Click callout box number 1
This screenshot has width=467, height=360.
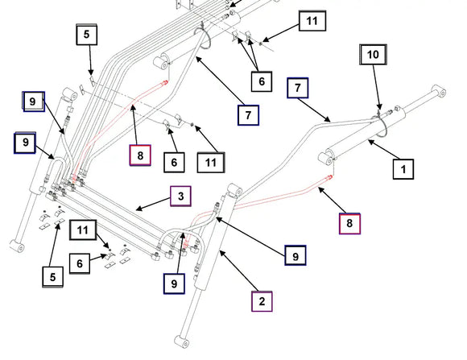[x=403, y=169]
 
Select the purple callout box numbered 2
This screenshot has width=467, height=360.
[x=262, y=301]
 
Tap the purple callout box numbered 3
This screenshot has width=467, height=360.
[x=180, y=196]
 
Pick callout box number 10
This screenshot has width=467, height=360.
[x=373, y=54]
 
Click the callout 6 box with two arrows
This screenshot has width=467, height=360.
[x=262, y=81]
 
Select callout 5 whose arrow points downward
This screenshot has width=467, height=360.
[x=86, y=35]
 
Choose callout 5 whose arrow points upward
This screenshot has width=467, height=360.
[x=52, y=277]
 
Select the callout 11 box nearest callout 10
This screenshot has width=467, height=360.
[x=312, y=21]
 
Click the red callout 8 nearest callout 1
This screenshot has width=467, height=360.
[x=349, y=224]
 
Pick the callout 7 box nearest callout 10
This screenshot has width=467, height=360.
[x=298, y=88]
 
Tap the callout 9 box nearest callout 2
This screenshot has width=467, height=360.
[x=295, y=255]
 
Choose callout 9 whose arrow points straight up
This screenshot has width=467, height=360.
[x=174, y=283]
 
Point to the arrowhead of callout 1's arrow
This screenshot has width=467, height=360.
[x=370, y=141]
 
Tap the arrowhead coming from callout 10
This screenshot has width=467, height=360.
[x=379, y=108]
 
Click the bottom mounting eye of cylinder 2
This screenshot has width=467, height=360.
[x=181, y=341]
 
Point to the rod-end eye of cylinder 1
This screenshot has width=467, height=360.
[x=439, y=90]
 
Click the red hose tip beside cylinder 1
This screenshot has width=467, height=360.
[x=330, y=177]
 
